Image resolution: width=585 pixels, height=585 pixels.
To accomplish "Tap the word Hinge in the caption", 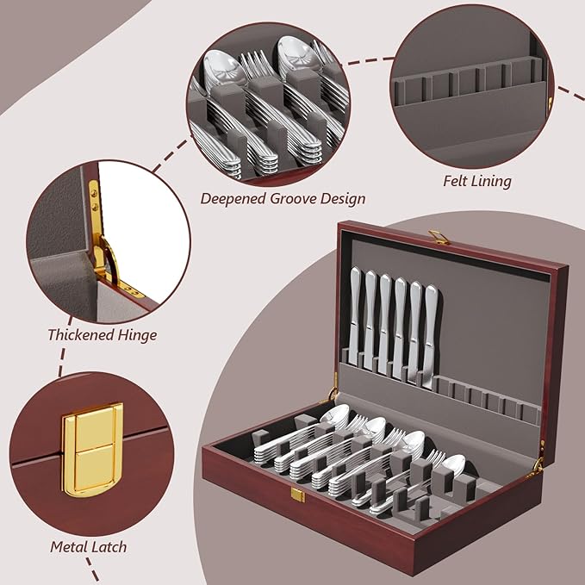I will [x=136, y=334].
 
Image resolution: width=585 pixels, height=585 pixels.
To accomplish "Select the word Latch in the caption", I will [x=109, y=546].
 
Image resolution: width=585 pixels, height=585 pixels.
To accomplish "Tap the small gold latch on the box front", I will [x=297, y=495].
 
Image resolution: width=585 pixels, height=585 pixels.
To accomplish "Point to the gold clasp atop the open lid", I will [x=439, y=235].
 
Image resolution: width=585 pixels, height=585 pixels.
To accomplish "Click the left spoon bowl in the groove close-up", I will [x=221, y=67].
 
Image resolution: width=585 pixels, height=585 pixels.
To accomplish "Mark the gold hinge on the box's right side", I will [x=538, y=465].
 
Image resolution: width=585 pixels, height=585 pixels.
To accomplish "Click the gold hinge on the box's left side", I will [x=333, y=395].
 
